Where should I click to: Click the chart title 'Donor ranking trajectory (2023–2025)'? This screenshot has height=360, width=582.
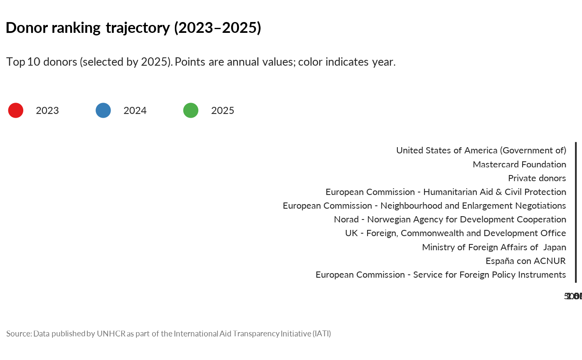click(x=133, y=28)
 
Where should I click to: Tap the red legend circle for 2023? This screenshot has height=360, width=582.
click(x=16, y=111)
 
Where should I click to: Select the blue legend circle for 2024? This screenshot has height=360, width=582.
click(x=103, y=111)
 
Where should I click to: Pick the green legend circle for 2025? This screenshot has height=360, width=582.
click(x=191, y=111)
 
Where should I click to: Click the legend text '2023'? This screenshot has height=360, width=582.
click(x=47, y=111)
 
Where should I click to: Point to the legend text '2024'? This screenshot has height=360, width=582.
click(x=135, y=111)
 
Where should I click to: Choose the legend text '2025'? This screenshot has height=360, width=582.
click(x=223, y=111)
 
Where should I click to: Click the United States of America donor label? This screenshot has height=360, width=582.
click(x=481, y=150)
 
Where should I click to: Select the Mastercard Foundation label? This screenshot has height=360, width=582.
click(x=519, y=165)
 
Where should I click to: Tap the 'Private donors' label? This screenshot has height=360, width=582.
click(x=537, y=178)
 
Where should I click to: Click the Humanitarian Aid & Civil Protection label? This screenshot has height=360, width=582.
click(x=446, y=192)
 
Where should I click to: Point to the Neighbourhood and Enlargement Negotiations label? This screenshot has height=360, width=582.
click(x=424, y=206)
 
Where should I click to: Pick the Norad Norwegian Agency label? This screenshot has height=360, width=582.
click(x=450, y=219)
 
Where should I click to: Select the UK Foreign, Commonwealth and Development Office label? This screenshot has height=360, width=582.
click(x=455, y=233)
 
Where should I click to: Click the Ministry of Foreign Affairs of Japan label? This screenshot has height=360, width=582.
click(x=494, y=247)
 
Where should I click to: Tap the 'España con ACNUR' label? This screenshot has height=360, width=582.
click(x=525, y=261)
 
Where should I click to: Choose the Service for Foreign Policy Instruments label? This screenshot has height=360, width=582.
click(x=441, y=275)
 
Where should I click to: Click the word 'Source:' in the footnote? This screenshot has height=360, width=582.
click(x=19, y=334)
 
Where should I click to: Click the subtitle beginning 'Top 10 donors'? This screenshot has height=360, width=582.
click(x=201, y=62)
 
